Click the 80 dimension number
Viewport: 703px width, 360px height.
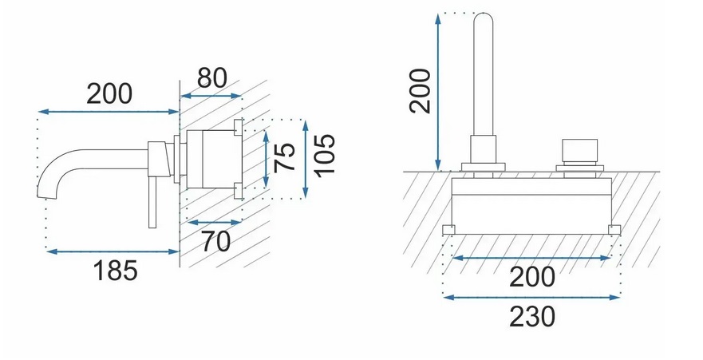click(x=212, y=78)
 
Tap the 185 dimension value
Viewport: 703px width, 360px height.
click(x=115, y=271)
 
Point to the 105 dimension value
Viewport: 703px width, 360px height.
click(x=324, y=156)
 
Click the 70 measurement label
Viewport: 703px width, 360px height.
click(x=215, y=241)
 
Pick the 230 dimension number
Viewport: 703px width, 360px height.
click(x=532, y=317)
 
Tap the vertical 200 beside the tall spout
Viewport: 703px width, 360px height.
click(x=420, y=91)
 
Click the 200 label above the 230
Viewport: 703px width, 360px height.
click(x=532, y=277)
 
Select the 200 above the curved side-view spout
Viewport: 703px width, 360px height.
click(x=109, y=93)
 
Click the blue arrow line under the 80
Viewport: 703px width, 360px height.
click(x=211, y=96)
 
